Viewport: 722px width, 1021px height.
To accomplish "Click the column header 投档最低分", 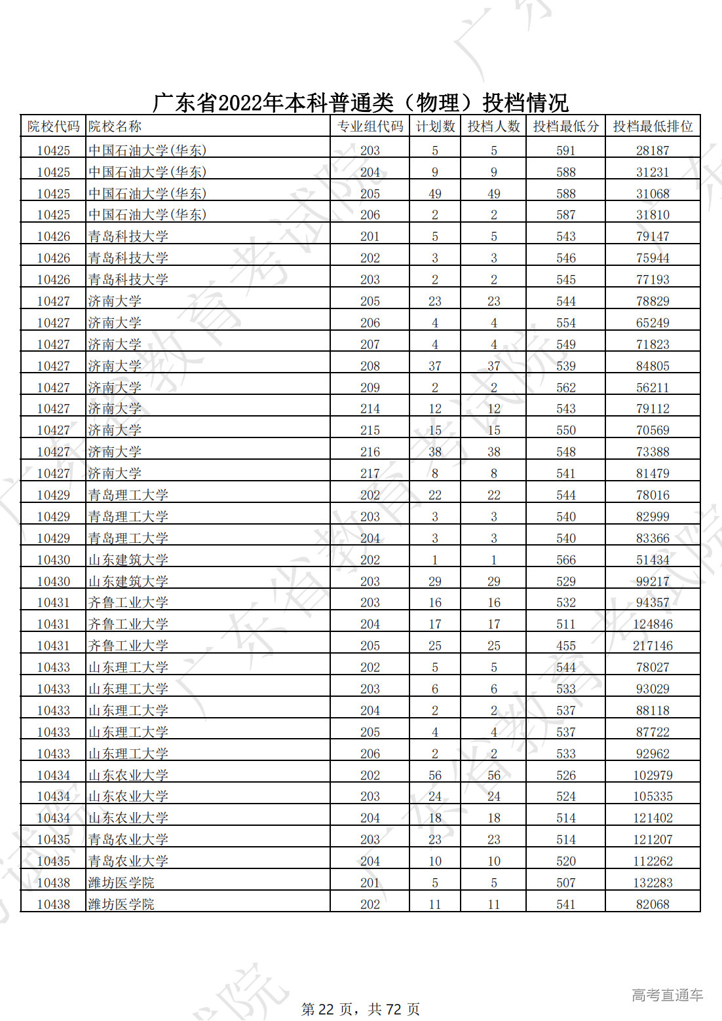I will point(565,126).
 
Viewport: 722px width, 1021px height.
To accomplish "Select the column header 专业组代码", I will point(370,126).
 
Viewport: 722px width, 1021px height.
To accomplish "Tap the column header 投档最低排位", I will point(653,126).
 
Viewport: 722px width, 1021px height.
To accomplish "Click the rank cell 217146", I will point(653,646).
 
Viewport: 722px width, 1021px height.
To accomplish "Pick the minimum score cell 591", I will point(565,151).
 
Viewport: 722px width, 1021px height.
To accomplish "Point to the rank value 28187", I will point(653,151).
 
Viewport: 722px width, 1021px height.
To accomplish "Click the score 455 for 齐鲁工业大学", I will point(565,646).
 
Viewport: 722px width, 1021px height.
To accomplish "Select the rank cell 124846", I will point(653,624).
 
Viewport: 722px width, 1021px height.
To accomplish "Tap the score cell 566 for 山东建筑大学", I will point(565,560).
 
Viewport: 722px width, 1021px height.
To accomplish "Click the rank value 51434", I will point(653,560).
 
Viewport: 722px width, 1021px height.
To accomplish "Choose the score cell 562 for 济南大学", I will point(565,388).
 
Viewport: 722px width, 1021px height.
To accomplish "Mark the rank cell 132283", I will point(653,883).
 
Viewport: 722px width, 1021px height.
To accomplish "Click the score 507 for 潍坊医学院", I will point(565,883).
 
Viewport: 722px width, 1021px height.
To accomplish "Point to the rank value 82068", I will point(653,904).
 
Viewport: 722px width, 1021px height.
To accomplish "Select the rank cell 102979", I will point(653,775).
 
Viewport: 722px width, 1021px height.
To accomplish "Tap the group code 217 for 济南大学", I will point(370,473).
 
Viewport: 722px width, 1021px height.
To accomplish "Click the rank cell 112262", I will point(653,861).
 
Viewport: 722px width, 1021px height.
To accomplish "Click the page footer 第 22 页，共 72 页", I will point(360,1009).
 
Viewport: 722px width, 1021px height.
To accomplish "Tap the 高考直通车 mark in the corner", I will point(667,995).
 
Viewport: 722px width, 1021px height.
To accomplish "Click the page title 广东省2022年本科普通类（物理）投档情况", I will point(360,103).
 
